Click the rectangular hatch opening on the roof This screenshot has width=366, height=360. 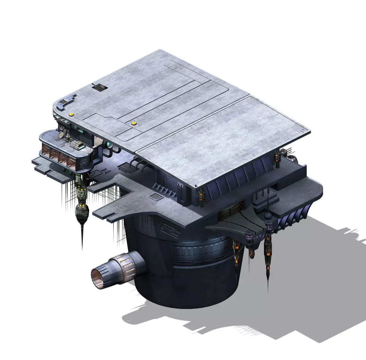pyautogui.click(x=100, y=88)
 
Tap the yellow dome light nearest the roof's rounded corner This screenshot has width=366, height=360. pyautogui.click(x=71, y=114)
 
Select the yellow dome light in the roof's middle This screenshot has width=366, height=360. pyautogui.click(x=133, y=123)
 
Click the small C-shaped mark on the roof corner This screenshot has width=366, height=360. pyautogui.click(x=303, y=130)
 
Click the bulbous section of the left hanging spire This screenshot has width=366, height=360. pyautogui.click(x=81, y=211)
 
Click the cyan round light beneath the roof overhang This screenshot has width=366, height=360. pyautogui.click(x=109, y=144)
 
